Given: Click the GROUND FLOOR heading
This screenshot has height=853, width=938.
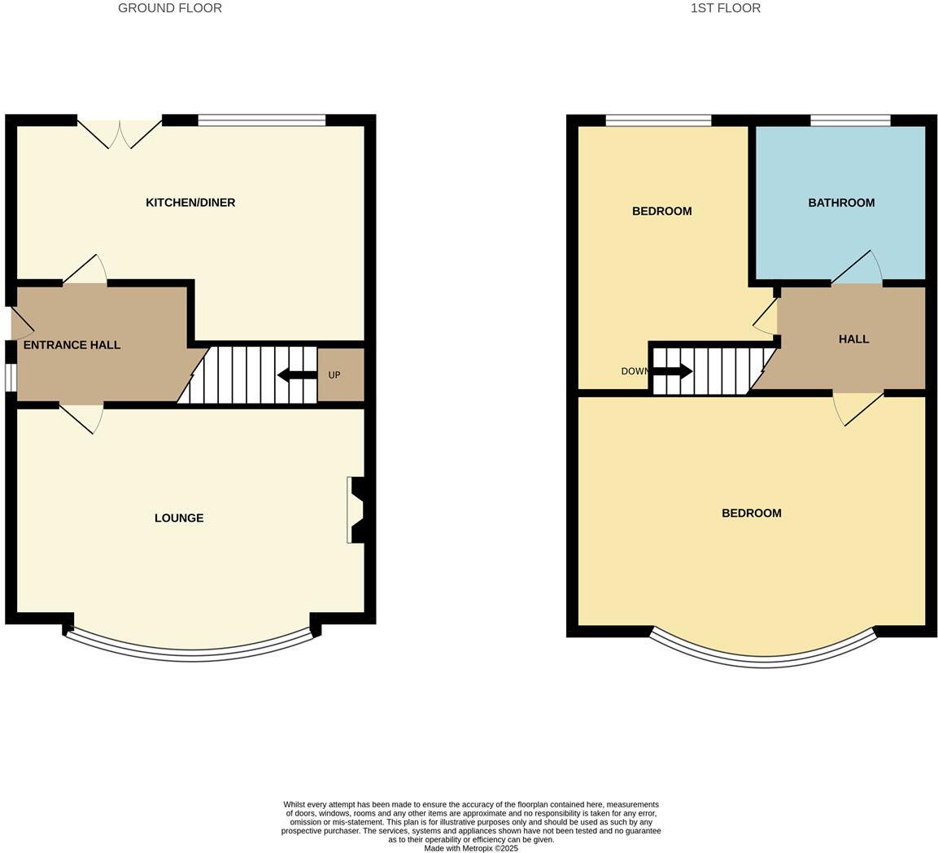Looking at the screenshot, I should [x=169, y=8].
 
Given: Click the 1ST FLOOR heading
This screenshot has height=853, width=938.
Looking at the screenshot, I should [x=725, y=8].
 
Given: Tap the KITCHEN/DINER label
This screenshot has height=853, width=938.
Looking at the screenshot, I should [x=190, y=203].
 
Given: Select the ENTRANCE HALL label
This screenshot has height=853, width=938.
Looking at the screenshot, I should [x=72, y=345].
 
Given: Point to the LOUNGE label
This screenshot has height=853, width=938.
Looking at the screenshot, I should [x=179, y=518].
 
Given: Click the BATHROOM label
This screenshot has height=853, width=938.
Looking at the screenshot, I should [x=841, y=203].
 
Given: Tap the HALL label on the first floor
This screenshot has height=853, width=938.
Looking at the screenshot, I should [x=853, y=339].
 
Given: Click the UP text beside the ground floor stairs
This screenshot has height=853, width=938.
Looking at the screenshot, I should [x=334, y=375].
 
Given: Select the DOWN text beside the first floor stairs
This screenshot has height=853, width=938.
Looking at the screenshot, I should [x=635, y=371].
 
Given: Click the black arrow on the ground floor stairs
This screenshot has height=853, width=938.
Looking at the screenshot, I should [x=297, y=375].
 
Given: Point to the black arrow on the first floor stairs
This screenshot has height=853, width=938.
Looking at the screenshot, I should [x=673, y=371].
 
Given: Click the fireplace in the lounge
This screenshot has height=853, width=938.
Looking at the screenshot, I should [x=356, y=510].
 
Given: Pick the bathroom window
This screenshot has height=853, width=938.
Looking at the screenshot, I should [x=849, y=121].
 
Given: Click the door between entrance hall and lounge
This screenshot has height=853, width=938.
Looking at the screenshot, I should [x=81, y=417].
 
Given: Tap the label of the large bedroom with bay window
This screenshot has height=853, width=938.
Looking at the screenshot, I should [x=751, y=514].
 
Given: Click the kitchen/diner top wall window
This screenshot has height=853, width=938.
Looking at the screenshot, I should [x=261, y=121].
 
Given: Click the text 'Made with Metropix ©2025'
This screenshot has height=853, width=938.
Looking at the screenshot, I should [x=471, y=848].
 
